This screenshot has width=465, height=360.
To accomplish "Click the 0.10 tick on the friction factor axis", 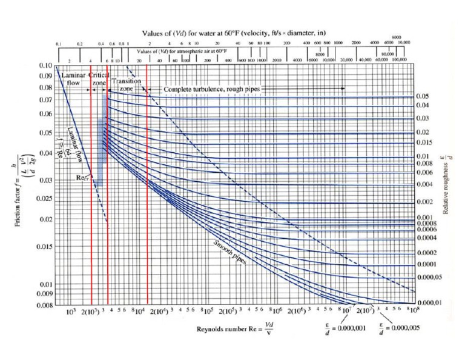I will pos(46,65).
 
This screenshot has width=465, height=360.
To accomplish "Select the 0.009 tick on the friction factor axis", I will pos(45,295).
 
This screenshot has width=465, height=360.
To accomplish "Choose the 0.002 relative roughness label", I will pos(423,201).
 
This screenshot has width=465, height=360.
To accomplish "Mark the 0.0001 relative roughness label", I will pos(424,264).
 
